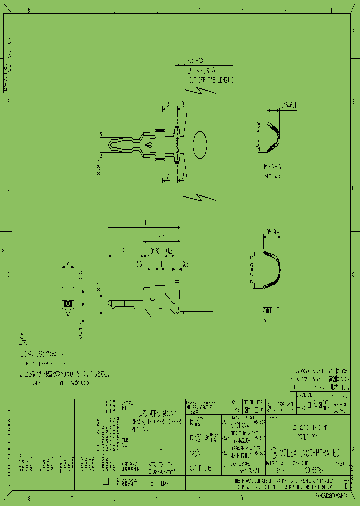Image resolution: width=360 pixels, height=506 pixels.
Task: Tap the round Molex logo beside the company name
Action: pos(273,453)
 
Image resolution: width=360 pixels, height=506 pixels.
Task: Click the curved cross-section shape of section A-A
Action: pos(271,136)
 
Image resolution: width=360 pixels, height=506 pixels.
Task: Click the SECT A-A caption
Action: pos(272,176)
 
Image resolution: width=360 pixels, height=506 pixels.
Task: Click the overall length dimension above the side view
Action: pos(144,223)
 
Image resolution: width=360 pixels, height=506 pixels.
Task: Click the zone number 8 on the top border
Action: pos(28,10)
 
